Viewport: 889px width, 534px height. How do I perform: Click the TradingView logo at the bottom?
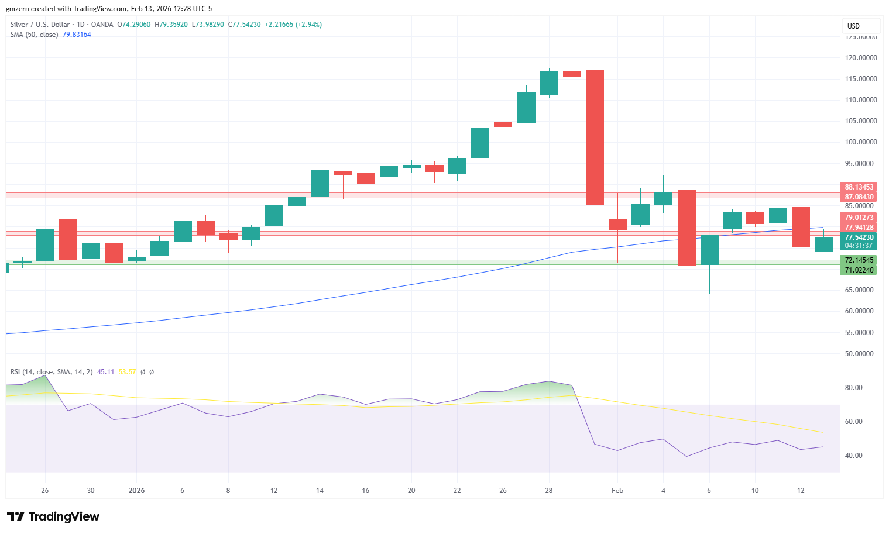pos(53,516)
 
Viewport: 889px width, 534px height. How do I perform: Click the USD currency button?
pos(854,26)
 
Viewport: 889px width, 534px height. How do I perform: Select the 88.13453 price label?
pos(859,187)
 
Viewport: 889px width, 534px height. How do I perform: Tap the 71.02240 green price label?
pos(859,270)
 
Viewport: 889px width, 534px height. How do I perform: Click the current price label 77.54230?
pos(859,237)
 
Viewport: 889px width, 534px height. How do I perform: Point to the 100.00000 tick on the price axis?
pos(860,142)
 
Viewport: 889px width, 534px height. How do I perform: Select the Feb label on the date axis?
pos(617,491)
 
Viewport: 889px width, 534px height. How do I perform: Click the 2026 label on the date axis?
pos(136,491)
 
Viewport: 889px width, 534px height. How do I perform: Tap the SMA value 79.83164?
pos(77,35)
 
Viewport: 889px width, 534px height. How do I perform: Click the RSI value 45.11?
pos(105,372)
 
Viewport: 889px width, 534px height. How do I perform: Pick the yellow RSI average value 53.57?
pos(127,372)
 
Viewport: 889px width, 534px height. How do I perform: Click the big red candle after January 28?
pos(595,137)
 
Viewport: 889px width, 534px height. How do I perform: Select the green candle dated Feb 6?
pos(709,250)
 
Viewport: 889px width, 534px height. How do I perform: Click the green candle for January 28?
pos(549,82)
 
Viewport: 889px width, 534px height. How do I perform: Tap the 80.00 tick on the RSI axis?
pos(853,388)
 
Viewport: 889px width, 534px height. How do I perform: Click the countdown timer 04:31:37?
pos(859,246)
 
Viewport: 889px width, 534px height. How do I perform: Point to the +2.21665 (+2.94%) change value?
pos(293,25)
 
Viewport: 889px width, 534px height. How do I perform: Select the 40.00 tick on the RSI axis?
pos(853,456)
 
